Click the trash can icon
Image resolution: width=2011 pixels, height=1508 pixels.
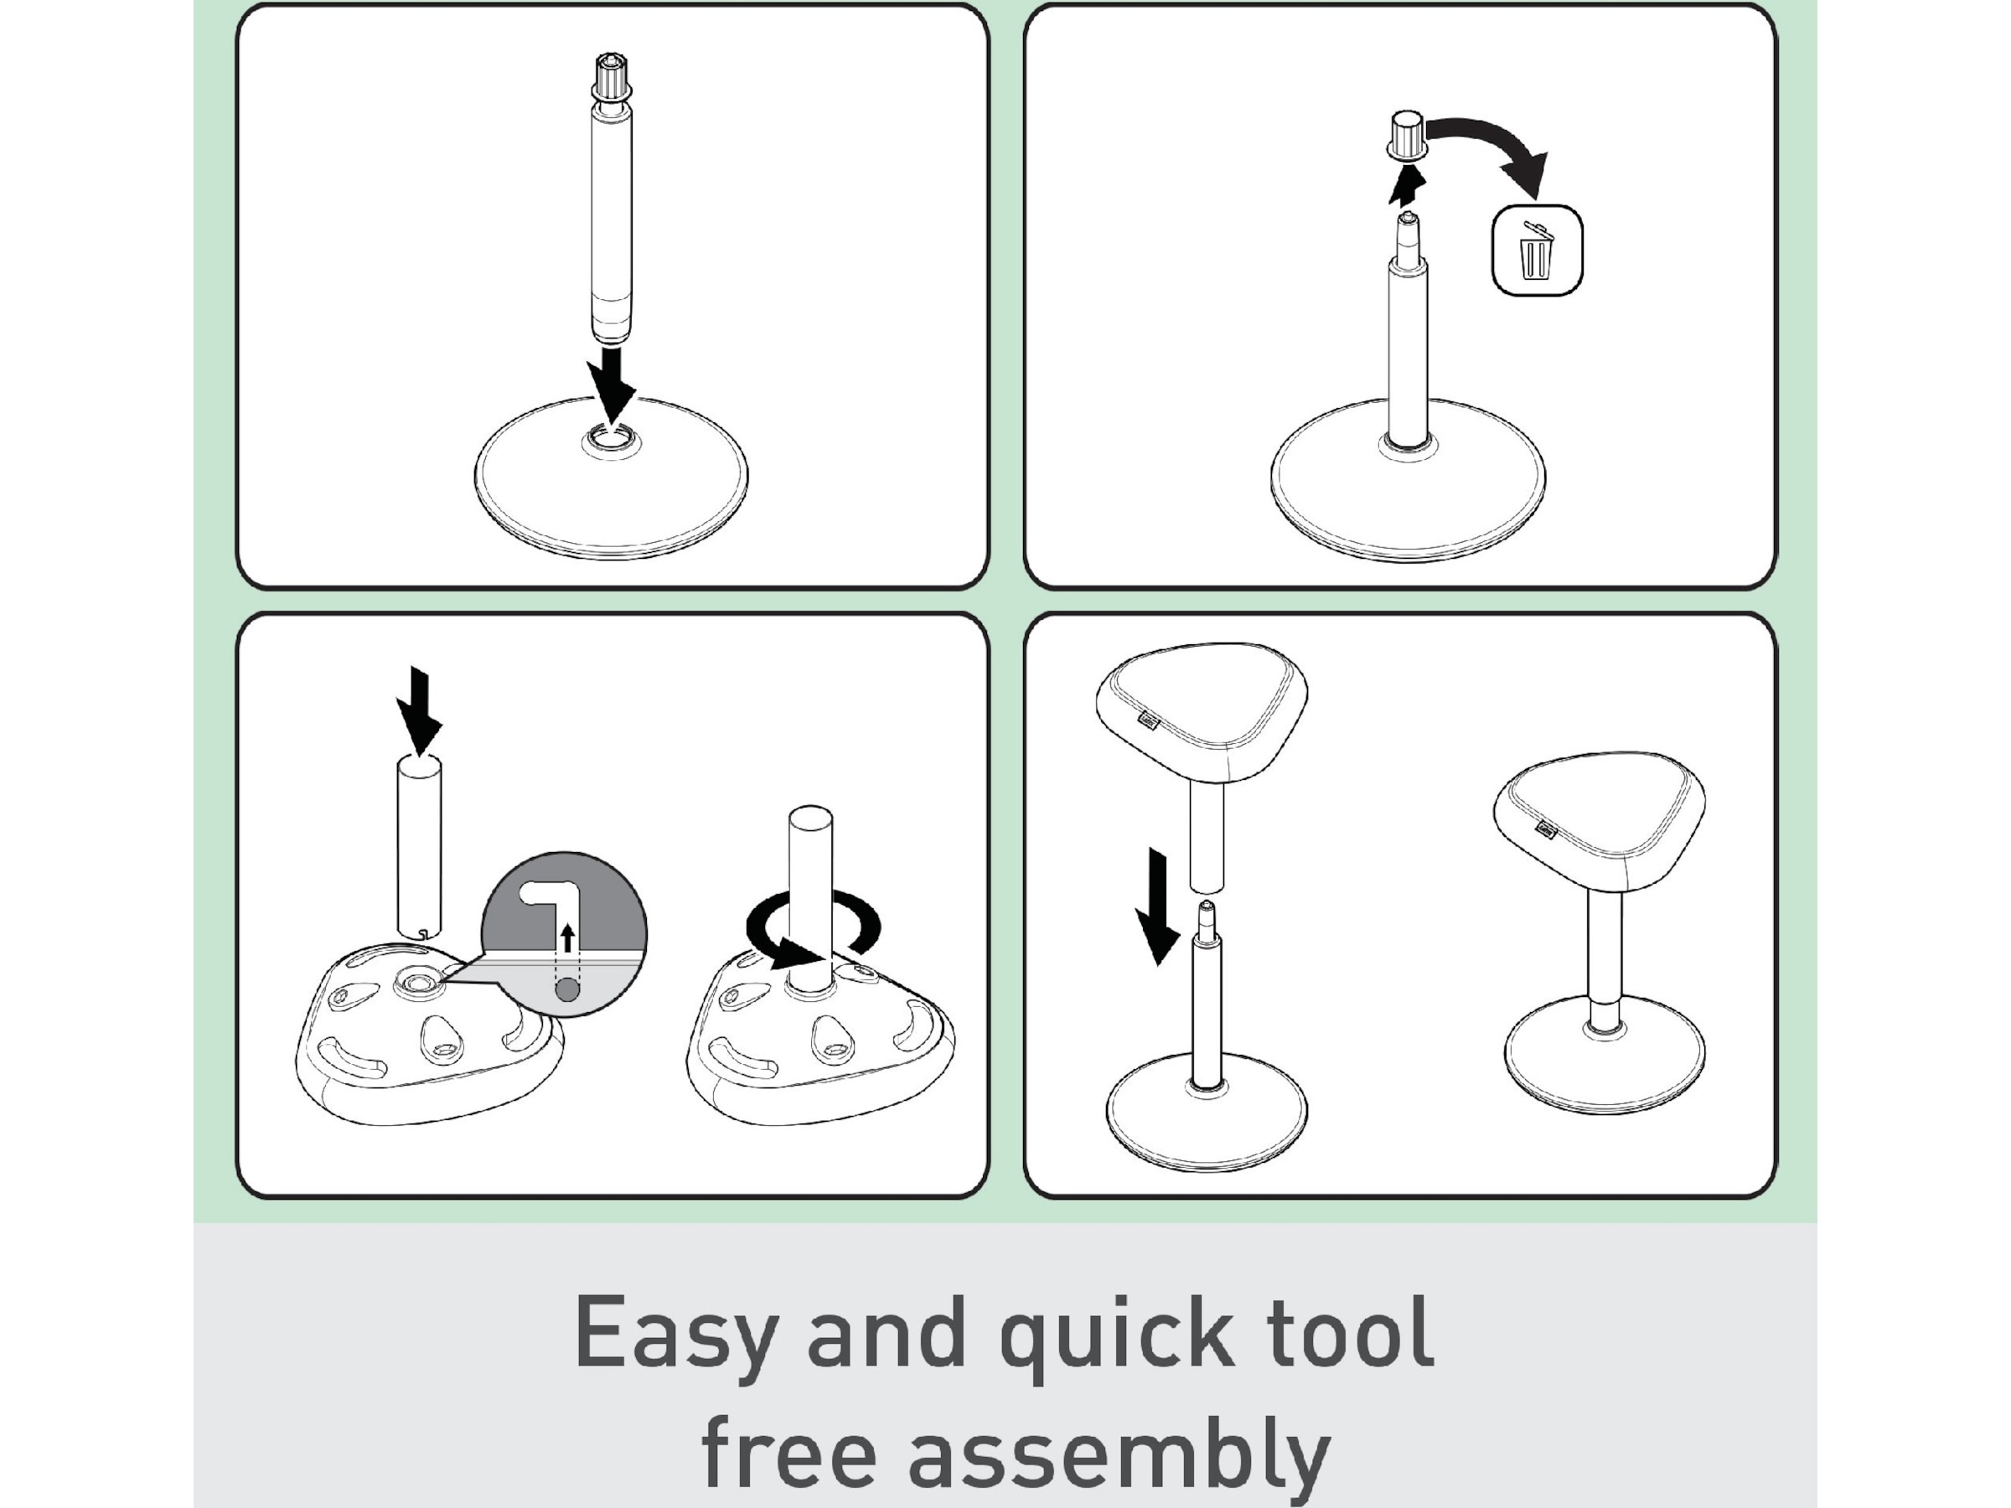(x=1537, y=250)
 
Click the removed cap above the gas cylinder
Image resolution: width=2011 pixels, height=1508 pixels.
(x=1405, y=137)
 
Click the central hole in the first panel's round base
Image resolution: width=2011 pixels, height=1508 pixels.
(x=611, y=441)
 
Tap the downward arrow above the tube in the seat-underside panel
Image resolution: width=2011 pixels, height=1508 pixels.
(x=419, y=710)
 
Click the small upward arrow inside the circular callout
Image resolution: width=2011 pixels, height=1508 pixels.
(x=568, y=937)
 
